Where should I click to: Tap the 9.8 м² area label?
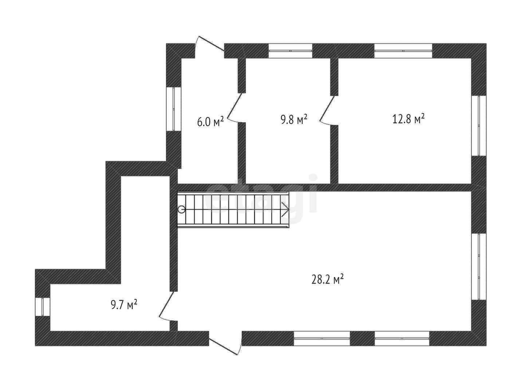point(294,119)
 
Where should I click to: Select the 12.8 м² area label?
point(409,119)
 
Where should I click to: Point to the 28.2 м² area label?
point(328,280)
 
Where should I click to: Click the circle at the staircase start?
point(181,209)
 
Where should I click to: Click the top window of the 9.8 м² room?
point(291,51)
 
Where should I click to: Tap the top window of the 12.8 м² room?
point(403,51)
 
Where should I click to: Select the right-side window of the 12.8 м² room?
point(479,126)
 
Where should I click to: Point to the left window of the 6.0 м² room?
point(174,109)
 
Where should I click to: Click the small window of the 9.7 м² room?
point(43,307)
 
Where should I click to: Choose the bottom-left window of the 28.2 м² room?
point(322,338)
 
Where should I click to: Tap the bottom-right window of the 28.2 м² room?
point(402,338)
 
